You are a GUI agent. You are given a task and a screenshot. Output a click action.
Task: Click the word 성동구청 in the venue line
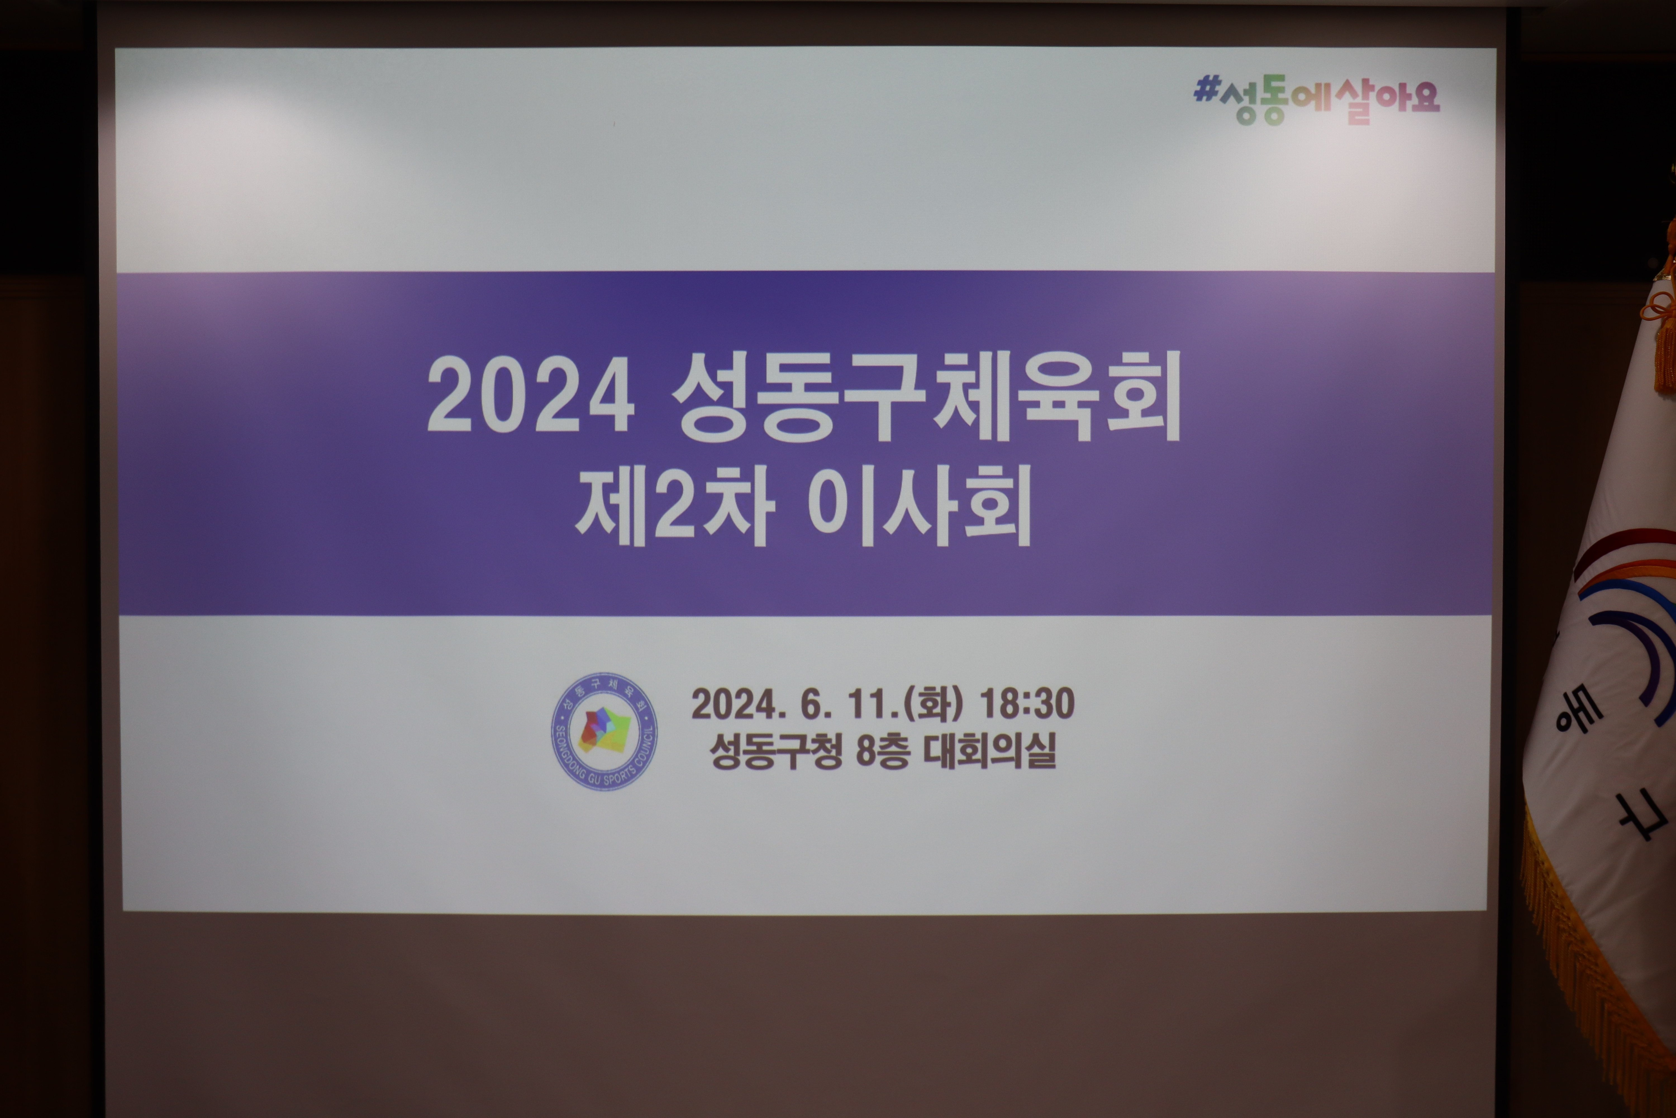point(776,751)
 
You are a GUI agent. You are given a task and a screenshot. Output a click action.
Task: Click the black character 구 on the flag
point(1639,815)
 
